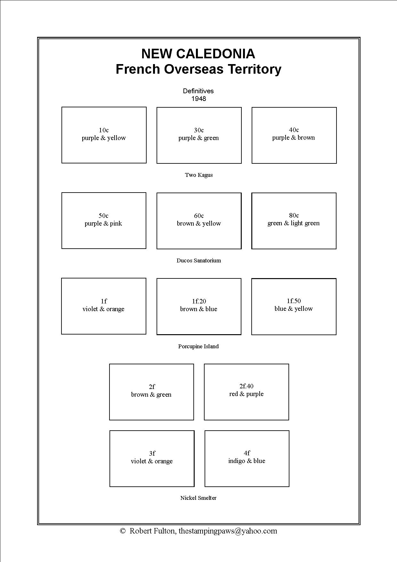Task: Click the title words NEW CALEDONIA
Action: click(x=198, y=54)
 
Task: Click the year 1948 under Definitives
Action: click(x=199, y=99)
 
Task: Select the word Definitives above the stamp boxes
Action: click(x=198, y=91)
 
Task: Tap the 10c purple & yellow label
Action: click(x=104, y=134)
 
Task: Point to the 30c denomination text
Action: click(x=199, y=130)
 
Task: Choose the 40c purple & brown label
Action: click(x=294, y=134)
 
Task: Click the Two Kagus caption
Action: click(x=199, y=175)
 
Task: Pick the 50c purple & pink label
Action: click(x=103, y=219)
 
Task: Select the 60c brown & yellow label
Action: click(x=199, y=219)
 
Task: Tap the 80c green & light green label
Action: click(x=294, y=219)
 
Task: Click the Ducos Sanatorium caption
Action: click(x=199, y=260)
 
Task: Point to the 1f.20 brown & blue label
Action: click(x=199, y=305)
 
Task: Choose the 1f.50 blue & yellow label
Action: click(x=294, y=305)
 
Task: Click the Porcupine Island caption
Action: click(x=199, y=346)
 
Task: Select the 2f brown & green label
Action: click(x=151, y=391)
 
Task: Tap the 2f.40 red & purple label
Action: click(x=247, y=390)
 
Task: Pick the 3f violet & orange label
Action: click(x=152, y=457)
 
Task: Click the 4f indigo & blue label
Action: click(x=247, y=457)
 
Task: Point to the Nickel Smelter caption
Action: click(x=199, y=498)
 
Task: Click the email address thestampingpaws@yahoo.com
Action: click(x=228, y=531)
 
